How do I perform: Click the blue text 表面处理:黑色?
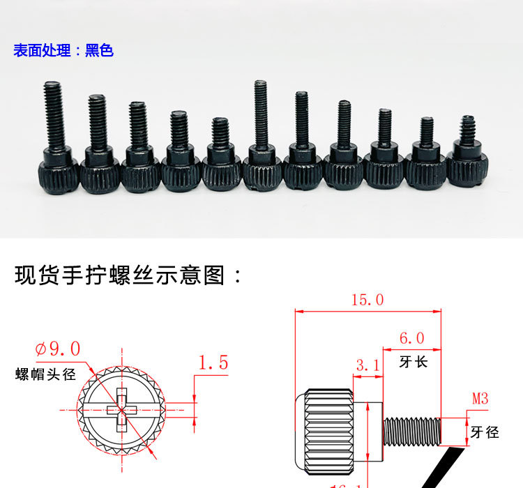coord(63,51)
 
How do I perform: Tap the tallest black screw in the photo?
coord(260,132)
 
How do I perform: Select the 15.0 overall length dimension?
coord(367,300)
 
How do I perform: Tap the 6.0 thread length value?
coord(411,338)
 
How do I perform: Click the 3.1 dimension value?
coord(367,365)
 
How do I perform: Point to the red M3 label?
coord(480,399)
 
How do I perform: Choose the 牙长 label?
coord(411,362)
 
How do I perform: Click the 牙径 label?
coord(485,432)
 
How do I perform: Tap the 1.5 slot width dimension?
coord(213,363)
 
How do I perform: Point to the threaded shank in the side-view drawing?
coord(411,430)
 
